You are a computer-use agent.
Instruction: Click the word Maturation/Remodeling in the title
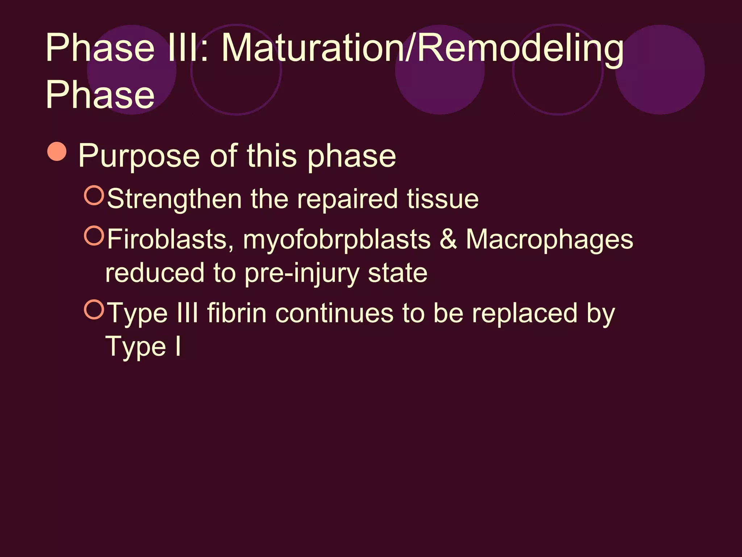[x=422, y=49]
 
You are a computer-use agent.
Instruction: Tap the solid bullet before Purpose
[x=57, y=151]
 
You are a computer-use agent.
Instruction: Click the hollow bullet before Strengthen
[x=94, y=195]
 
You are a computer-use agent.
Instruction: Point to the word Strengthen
[x=175, y=199]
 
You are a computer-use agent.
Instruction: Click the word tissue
[x=442, y=199]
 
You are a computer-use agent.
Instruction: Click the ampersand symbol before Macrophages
[x=448, y=239]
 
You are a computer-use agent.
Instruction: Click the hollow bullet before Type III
[x=94, y=309]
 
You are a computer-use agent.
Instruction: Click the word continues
[x=334, y=313]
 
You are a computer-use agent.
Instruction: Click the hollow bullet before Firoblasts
[x=94, y=235]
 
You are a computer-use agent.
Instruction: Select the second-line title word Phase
[x=100, y=95]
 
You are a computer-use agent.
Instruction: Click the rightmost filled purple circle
[x=660, y=70]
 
